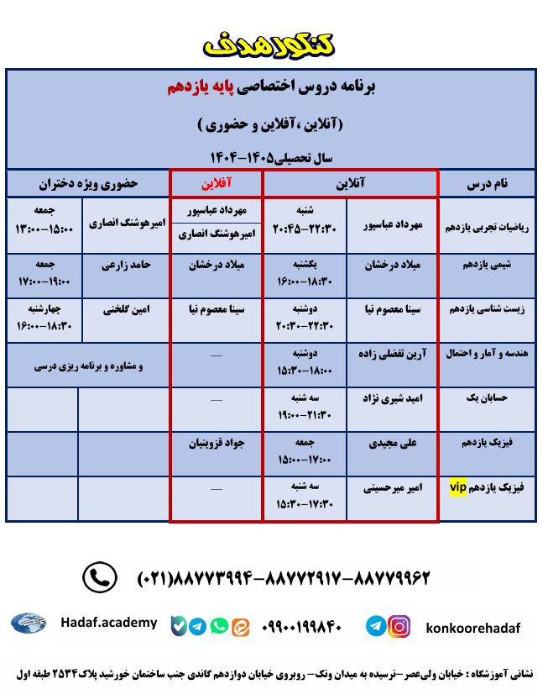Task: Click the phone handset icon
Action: point(99,577)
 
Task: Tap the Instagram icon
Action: point(399,626)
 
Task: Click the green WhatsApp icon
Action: point(219,626)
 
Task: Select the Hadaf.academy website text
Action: point(108,623)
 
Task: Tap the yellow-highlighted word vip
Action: point(458,487)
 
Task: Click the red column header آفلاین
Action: point(217,182)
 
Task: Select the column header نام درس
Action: point(487,183)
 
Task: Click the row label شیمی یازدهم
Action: point(487,265)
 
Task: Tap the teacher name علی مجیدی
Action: point(392,443)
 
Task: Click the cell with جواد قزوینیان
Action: point(217,443)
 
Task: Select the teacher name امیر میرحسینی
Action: point(392,487)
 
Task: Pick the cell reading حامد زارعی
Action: point(126,265)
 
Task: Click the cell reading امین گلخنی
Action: point(126,309)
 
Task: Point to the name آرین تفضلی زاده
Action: point(392,354)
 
